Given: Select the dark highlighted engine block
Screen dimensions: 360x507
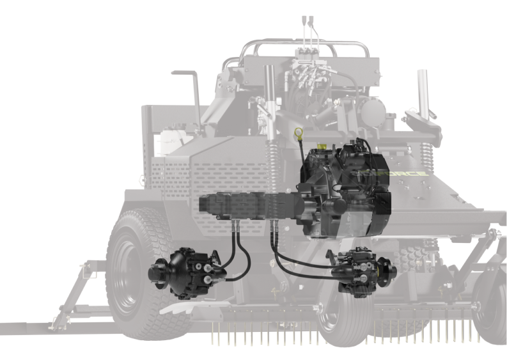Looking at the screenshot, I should tap(345, 189).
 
